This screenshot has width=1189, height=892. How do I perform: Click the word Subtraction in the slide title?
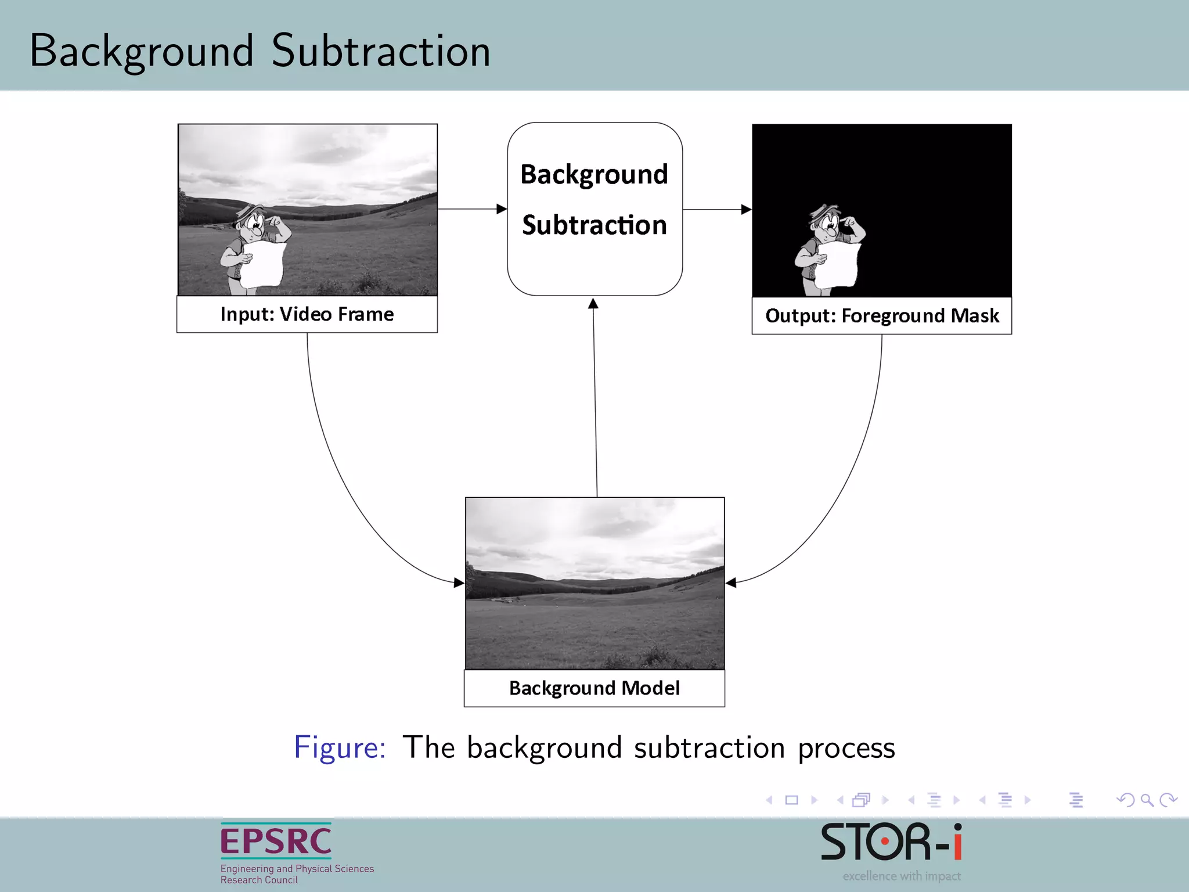point(381,51)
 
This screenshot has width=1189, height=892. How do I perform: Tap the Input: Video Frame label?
point(307,314)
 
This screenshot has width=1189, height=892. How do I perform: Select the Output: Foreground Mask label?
point(881,316)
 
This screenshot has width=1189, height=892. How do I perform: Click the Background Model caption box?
point(594,688)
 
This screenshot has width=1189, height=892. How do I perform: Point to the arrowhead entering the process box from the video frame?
point(502,209)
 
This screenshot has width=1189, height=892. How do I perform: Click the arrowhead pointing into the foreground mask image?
point(747,209)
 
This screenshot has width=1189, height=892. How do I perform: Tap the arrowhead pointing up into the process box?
point(593,304)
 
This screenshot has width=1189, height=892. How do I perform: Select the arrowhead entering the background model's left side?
point(459,582)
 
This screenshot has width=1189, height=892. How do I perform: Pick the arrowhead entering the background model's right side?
point(731,582)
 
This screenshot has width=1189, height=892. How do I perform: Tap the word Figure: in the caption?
point(340,747)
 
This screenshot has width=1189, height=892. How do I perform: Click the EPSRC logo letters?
point(276,841)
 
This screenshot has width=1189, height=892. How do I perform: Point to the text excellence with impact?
point(901,876)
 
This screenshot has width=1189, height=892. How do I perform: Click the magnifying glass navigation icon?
point(1147,800)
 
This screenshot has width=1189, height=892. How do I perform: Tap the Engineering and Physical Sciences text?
point(297,869)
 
